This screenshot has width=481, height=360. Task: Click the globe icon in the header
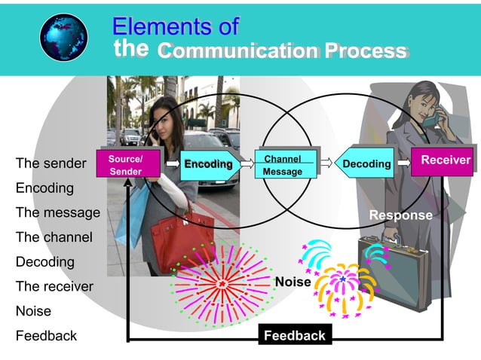click(x=63, y=37)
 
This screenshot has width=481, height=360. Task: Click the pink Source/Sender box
click(x=124, y=165)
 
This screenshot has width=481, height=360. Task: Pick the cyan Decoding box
click(x=366, y=163)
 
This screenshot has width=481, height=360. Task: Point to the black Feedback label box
click(x=294, y=336)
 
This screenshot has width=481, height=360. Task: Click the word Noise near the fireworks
click(x=293, y=282)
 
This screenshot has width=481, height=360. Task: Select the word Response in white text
click(x=400, y=215)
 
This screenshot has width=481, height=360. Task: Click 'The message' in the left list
click(x=58, y=212)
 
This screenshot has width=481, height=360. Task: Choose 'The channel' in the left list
click(x=54, y=237)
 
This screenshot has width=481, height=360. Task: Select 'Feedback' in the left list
click(x=46, y=336)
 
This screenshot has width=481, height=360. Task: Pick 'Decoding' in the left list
click(x=45, y=262)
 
